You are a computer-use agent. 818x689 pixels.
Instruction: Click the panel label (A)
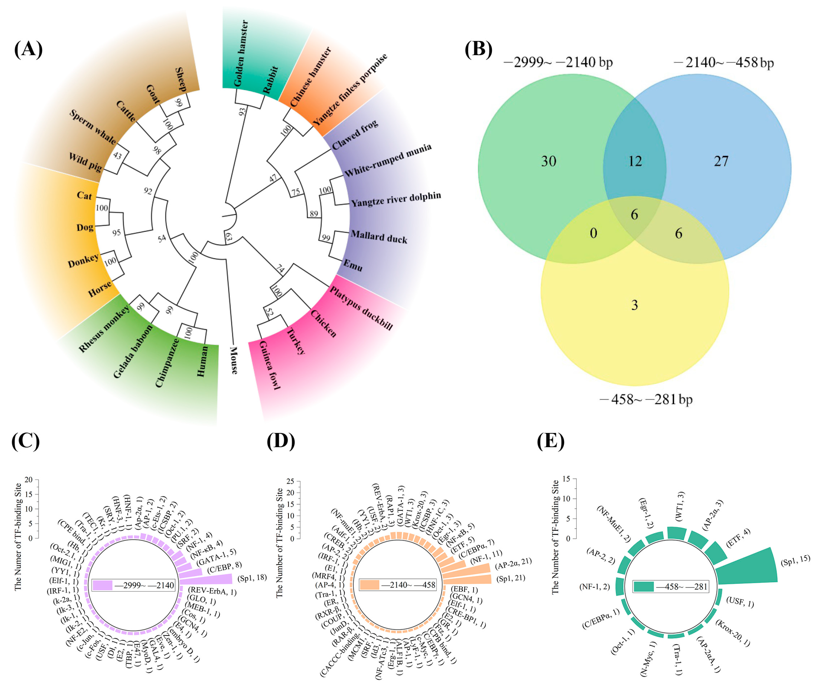(x=28, y=49)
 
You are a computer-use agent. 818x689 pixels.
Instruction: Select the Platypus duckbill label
(x=361, y=308)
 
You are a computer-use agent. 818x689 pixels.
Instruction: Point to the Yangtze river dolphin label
(x=396, y=199)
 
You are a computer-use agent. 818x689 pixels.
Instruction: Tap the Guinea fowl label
(x=269, y=365)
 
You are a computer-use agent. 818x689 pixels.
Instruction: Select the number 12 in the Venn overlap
(x=635, y=161)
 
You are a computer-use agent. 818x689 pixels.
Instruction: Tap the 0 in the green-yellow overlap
(x=593, y=233)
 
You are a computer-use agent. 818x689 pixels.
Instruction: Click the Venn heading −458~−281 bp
(x=646, y=399)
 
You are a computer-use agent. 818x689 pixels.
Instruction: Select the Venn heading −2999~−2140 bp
(x=558, y=62)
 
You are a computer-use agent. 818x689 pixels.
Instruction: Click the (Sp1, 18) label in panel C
(x=252, y=578)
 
